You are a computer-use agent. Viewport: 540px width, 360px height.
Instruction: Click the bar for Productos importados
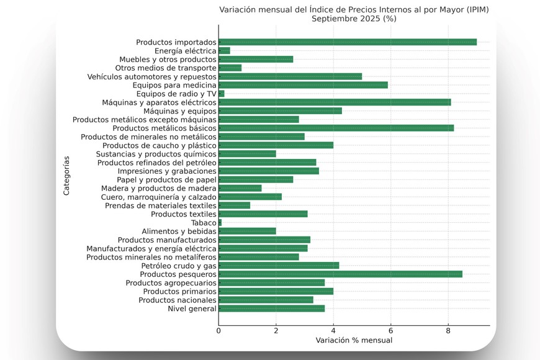tap(348, 42)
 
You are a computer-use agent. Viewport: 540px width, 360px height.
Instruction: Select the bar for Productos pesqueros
tap(340, 274)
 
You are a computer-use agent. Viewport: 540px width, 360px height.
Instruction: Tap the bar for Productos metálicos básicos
tap(336, 128)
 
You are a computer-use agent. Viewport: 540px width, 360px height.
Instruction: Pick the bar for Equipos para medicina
tap(303, 85)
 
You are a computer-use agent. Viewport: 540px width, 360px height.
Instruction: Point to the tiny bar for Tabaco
tap(220, 222)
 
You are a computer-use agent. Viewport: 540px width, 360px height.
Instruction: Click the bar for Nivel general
tap(271, 308)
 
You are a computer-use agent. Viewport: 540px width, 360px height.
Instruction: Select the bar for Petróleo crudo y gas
tap(279, 265)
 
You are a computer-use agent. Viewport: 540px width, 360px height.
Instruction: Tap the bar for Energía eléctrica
tap(224, 51)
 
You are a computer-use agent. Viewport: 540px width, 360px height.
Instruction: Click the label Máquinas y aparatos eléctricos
tap(159, 102)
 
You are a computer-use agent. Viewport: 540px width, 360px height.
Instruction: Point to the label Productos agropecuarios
tap(171, 282)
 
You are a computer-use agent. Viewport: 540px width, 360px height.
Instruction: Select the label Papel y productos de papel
tap(166, 179)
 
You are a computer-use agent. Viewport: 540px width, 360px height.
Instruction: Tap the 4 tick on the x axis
tap(333, 331)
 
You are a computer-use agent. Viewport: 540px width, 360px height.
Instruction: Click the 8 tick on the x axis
tap(448, 331)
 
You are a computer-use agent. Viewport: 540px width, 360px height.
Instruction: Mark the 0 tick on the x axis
tap(218, 331)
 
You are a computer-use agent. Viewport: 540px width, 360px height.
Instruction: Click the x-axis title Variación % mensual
tap(354, 340)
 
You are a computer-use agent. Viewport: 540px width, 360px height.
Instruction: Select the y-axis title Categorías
tap(66, 176)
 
